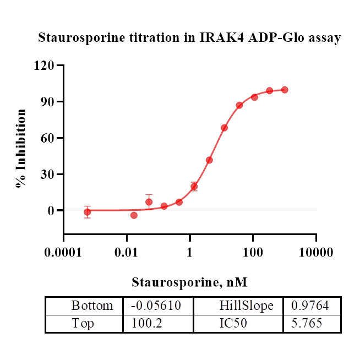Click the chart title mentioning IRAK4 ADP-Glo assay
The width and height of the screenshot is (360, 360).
point(189,38)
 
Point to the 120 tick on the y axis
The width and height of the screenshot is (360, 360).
point(46,66)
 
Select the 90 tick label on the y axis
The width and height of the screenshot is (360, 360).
point(48,102)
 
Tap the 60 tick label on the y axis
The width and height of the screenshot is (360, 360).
point(48,138)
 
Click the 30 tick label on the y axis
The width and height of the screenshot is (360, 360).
point(48,174)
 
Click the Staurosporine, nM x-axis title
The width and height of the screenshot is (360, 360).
point(189,283)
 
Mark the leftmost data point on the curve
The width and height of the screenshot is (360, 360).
point(87,212)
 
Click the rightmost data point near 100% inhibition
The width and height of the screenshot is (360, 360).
point(285,90)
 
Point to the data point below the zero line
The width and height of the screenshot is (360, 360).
point(134,215)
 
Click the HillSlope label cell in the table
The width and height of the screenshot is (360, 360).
point(238,306)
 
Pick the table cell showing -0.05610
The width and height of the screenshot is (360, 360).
point(158,306)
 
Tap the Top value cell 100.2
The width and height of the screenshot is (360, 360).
point(158,323)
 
